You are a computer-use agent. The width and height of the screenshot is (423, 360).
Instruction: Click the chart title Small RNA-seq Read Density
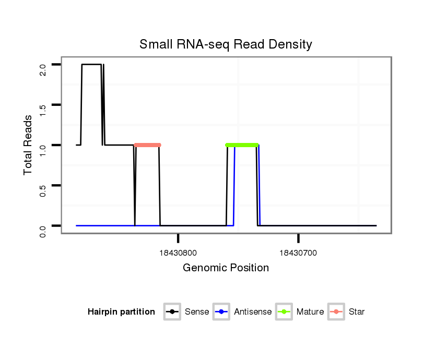[x=226, y=44]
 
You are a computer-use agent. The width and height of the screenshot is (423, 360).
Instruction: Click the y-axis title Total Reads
[x=28, y=145]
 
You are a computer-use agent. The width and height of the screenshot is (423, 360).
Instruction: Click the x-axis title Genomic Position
[x=226, y=268]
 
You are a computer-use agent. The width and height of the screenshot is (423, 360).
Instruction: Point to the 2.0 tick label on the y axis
[x=43, y=69]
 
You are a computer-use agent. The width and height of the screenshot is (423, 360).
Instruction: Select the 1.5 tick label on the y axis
[x=43, y=109]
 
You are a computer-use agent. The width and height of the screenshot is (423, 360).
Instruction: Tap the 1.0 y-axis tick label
[x=43, y=149]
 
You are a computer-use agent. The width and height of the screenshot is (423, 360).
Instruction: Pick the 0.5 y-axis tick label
[x=43, y=189]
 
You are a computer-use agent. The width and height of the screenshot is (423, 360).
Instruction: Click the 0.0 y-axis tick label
[x=43, y=230]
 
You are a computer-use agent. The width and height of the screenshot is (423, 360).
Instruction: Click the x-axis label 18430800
[x=178, y=253]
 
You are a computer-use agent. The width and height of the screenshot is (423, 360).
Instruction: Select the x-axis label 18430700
[x=298, y=253]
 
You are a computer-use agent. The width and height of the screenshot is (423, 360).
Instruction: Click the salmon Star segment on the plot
[x=147, y=145]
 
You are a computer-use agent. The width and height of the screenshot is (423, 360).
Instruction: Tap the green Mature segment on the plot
[x=242, y=145]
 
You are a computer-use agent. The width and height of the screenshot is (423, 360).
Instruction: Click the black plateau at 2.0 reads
[x=91, y=65]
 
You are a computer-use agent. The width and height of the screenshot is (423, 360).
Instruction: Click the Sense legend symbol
[x=172, y=312]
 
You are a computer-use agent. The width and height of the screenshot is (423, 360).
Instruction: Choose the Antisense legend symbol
[x=221, y=312]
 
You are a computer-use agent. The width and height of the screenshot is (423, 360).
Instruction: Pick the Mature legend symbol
[x=284, y=312]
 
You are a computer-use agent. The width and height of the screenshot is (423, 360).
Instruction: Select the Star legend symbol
[x=336, y=312]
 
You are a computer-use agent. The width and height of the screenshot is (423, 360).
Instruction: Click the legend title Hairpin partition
[x=121, y=312]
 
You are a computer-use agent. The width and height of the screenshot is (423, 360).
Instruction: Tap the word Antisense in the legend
[x=253, y=312]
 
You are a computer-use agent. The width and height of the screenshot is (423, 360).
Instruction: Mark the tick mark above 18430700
[x=298, y=238]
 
